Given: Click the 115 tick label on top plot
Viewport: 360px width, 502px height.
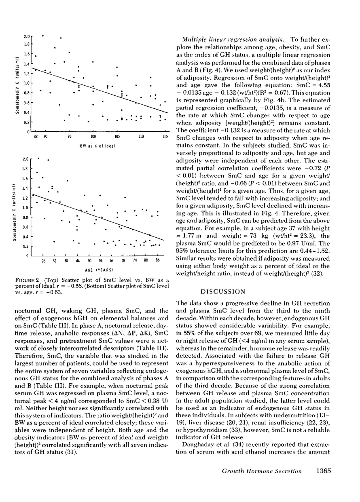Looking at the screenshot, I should coord(164,137).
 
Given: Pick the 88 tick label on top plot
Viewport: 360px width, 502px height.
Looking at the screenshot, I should coord(36,137).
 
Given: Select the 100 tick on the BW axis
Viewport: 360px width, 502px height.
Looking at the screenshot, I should coord(93,137).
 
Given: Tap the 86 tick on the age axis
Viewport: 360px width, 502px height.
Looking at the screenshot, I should coord(157,262).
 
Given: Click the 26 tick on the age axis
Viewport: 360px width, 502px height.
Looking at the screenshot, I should coord(43,262).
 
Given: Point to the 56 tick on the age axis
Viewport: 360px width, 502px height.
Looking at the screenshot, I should coord(100,262).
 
